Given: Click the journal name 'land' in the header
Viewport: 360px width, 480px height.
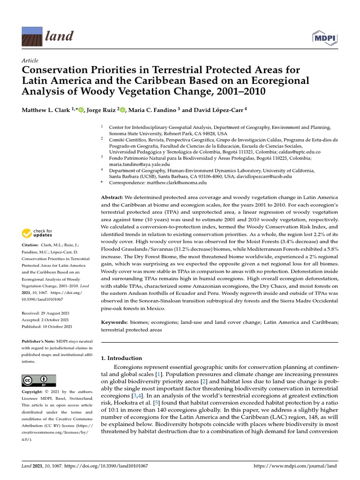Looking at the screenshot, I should [x=59, y=36].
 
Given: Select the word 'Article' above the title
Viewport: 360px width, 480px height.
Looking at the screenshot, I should [x=30, y=61].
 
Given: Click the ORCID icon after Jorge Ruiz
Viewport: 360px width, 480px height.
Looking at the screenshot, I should [x=123, y=110].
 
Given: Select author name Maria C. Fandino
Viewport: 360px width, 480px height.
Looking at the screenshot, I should [x=152, y=110].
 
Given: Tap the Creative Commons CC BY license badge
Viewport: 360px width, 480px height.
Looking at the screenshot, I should [x=39, y=380].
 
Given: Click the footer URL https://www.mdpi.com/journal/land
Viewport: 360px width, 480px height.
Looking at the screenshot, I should [x=295, y=466].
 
